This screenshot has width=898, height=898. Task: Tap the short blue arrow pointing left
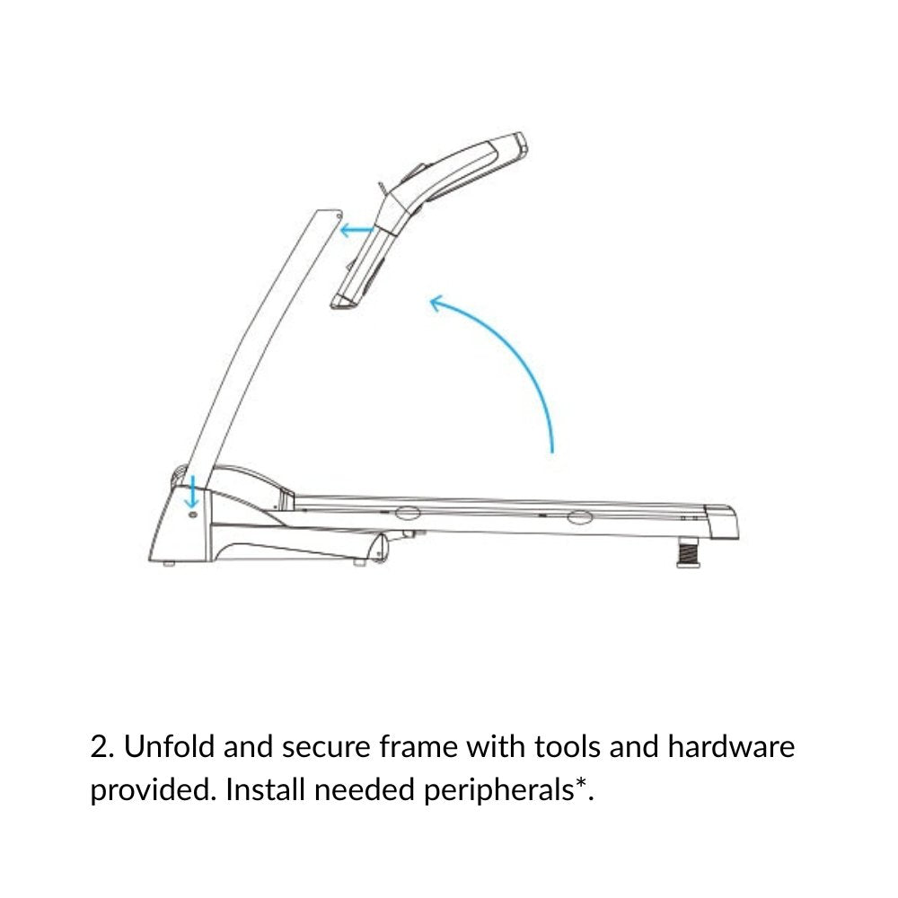point(357,231)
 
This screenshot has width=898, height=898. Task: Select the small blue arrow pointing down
point(192,491)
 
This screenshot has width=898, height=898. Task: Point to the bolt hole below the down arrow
point(192,515)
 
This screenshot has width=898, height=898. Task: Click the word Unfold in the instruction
point(169,747)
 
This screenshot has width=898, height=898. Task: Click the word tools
point(567,747)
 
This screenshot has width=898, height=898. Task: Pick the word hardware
point(731,747)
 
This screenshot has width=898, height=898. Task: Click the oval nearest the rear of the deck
point(579,518)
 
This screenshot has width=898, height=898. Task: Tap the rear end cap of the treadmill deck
point(722,521)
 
